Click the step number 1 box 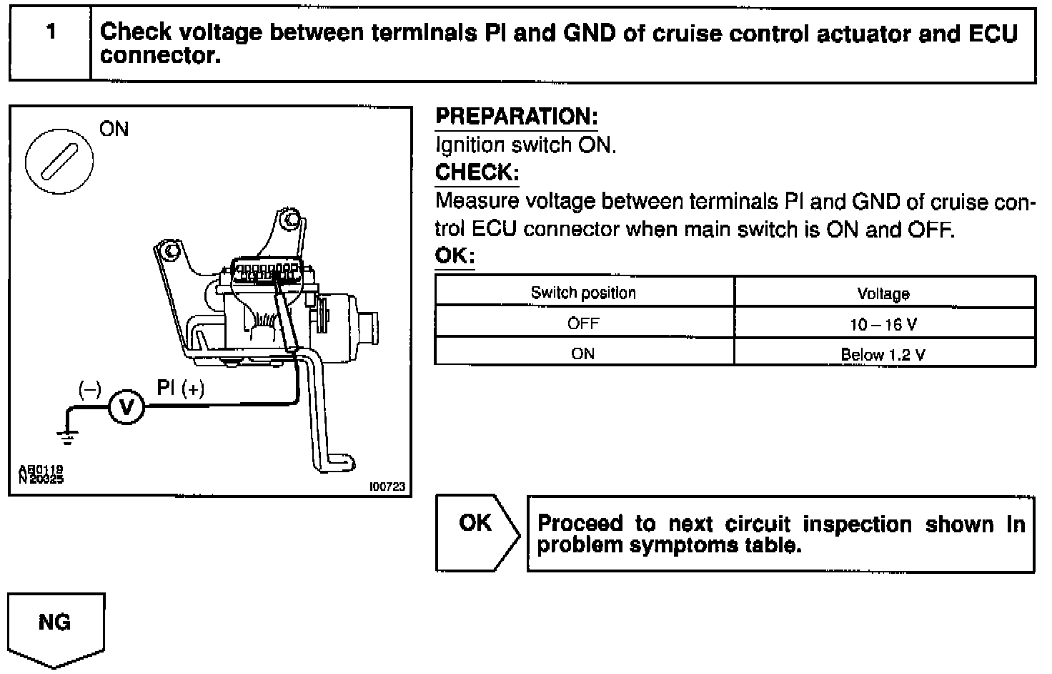(50, 44)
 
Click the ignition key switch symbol (59, 162)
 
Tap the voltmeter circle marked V (126, 408)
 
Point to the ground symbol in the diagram (68, 434)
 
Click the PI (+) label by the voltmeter (180, 389)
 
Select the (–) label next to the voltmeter (89, 389)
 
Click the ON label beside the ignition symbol (114, 130)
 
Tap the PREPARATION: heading (516, 117)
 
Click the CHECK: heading (477, 172)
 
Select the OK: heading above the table (455, 256)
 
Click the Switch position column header (583, 293)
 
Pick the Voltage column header (883, 293)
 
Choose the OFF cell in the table (583, 323)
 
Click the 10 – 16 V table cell (883, 324)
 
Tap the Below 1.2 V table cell (883, 354)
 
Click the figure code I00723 (387, 487)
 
